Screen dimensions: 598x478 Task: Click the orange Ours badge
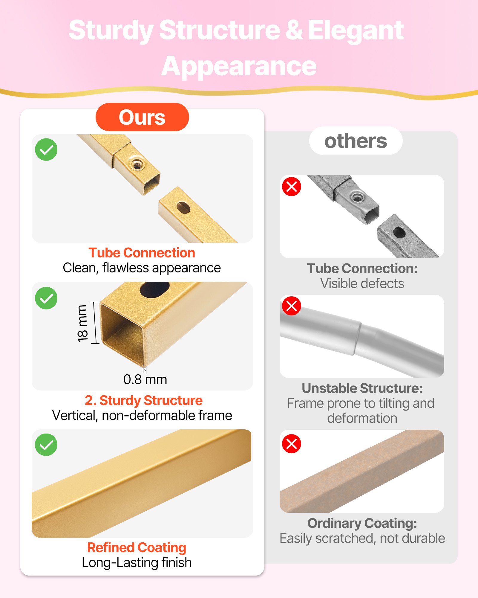[142, 117]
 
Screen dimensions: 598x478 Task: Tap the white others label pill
[356, 141]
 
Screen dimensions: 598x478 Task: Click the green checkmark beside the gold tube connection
[46, 149]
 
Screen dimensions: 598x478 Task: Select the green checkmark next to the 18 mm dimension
[46, 298]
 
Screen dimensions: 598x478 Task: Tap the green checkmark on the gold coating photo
[46, 445]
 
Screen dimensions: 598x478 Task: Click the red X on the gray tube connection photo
[292, 187]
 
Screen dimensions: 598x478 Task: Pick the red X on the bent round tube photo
[292, 306]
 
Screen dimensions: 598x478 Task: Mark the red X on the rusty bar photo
[292, 444]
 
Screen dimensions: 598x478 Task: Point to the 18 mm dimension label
[82, 323]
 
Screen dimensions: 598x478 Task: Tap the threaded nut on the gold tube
[137, 164]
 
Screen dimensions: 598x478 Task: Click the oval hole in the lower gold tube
[183, 208]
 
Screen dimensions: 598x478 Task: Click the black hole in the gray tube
[399, 232]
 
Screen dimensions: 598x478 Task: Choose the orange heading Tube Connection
[142, 253]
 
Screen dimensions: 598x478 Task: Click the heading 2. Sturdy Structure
[144, 400]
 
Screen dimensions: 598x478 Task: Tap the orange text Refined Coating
[137, 547]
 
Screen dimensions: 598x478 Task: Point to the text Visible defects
[362, 283]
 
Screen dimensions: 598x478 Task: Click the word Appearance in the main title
[239, 66]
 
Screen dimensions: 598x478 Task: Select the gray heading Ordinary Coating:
[362, 523]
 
